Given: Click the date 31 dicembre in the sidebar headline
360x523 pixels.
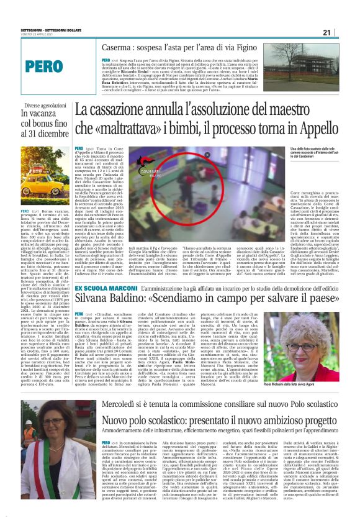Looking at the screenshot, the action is point(39,134).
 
